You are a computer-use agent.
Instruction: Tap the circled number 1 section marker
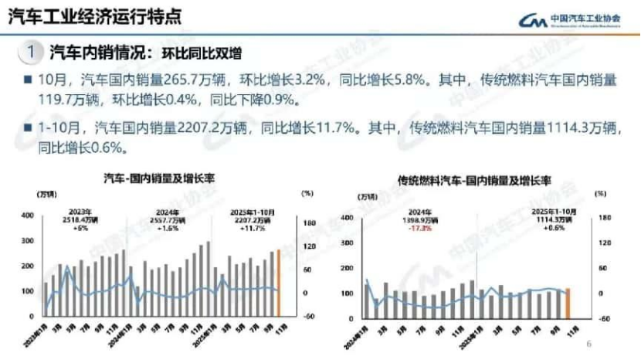click(29, 53)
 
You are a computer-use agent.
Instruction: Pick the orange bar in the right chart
click(568, 304)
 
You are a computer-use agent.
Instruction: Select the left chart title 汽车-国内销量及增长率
click(159, 178)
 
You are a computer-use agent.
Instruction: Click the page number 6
click(588, 345)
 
